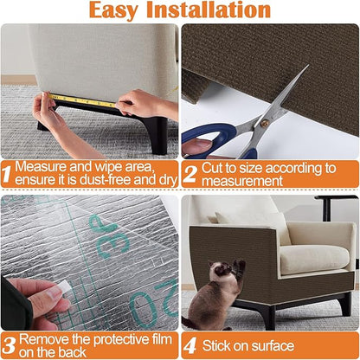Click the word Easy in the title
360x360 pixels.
click(125, 11)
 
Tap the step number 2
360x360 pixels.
click(190, 174)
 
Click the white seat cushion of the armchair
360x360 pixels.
click(313, 258)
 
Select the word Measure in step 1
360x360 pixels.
click(41, 166)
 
